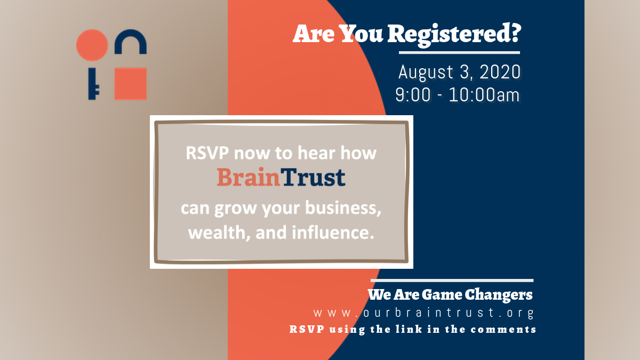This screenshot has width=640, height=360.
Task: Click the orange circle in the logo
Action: coord(92,45)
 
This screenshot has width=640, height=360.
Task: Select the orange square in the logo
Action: coord(131,84)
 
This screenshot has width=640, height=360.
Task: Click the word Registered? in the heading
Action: coord(453,34)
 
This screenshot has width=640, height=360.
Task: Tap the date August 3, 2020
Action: coord(459,73)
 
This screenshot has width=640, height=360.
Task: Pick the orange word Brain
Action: coord(248,178)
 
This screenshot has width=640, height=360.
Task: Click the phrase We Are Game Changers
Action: coord(450,294)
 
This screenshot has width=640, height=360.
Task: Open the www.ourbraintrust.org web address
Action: coord(423,313)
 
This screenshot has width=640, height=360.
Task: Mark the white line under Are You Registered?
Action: coord(459,53)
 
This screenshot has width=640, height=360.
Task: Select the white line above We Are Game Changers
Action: coord(452,280)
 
